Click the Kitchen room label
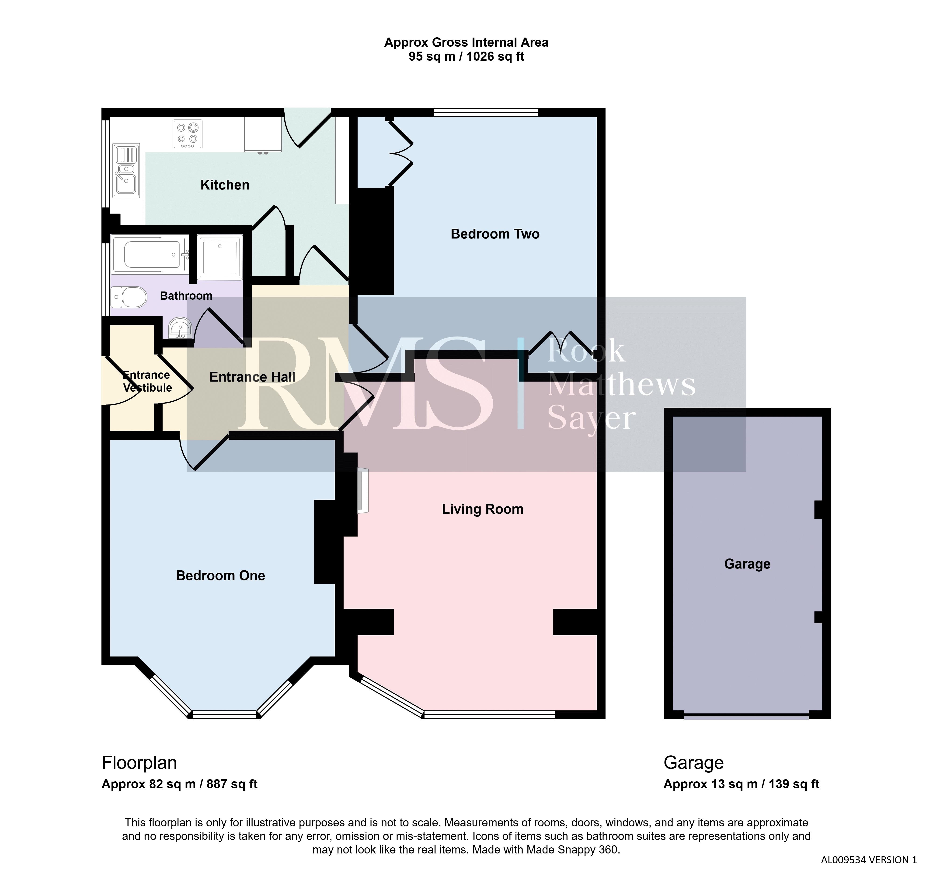[x=225, y=185]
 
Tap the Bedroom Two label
[x=495, y=234]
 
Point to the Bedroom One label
[x=221, y=576]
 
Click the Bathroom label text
[x=186, y=296]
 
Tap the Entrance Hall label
[x=252, y=377]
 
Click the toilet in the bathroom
[x=129, y=297]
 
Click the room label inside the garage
[x=747, y=564]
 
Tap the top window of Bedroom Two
[x=486, y=112]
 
